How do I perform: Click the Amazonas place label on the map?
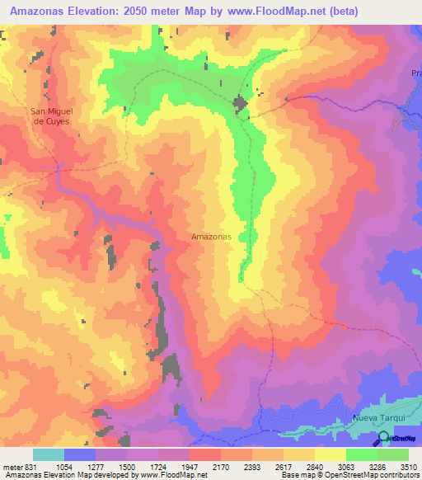point(210,236)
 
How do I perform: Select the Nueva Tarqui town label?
point(380,417)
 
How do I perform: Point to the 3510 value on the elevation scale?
point(408,467)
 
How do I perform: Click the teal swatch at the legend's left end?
point(49,454)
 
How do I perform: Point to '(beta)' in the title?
point(337,12)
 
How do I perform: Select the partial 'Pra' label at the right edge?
point(415,73)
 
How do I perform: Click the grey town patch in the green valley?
point(240,105)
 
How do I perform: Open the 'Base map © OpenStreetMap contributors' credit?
point(349,475)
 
